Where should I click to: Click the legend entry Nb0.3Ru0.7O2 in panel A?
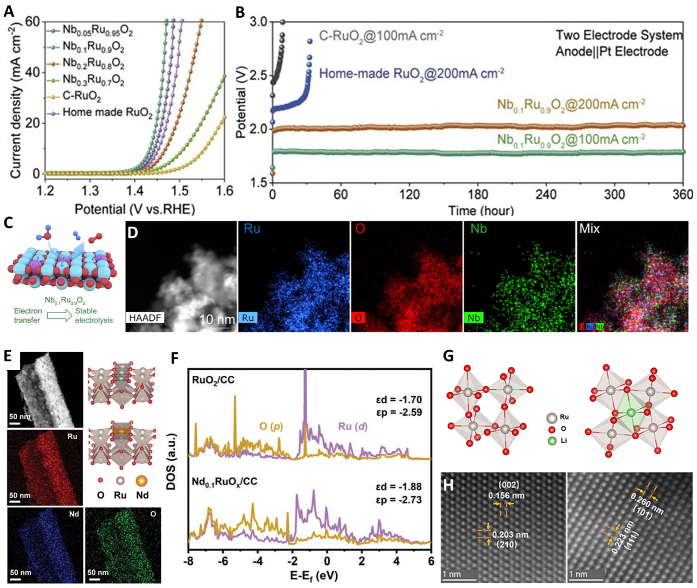pyautogui.click(x=93, y=81)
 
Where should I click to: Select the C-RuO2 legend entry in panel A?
pyautogui.click(x=82, y=97)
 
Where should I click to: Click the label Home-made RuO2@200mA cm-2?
pyautogui.click(x=411, y=73)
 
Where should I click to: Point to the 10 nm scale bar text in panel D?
pyautogui.click(x=217, y=319)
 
